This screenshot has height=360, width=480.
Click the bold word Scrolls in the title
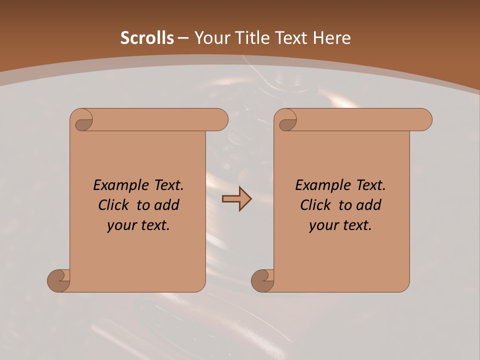pyautogui.click(x=147, y=38)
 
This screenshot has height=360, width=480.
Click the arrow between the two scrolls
pyautogui.click(x=236, y=198)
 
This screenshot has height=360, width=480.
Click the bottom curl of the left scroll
pyautogui.click(x=59, y=280)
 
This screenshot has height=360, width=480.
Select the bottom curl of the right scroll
pyautogui.click(x=262, y=280)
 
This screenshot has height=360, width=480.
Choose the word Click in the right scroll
pyautogui.click(x=315, y=205)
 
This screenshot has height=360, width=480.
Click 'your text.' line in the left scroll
pyautogui.click(x=138, y=225)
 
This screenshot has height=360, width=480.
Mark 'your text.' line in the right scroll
pyautogui.click(x=340, y=225)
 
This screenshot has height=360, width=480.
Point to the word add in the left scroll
pyautogui.click(x=167, y=205)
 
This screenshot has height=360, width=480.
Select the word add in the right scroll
pyautogui.click(x=369, y=205)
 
